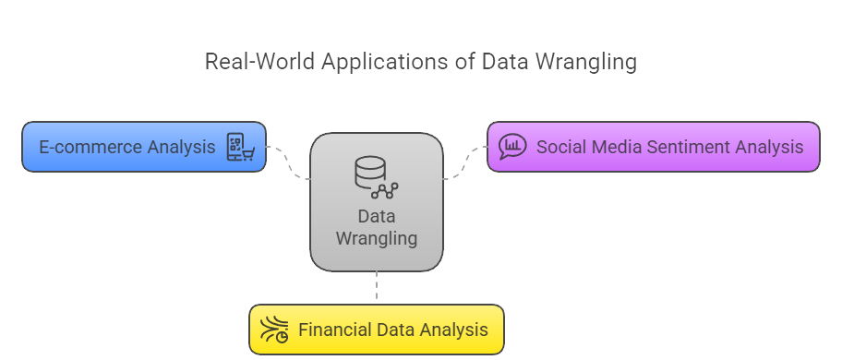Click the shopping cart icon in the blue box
point(240,147)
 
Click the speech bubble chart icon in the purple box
point(511,147)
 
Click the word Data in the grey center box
point(376,217)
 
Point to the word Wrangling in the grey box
point(376,239)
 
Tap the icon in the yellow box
point(274,330)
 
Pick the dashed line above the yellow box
point(377,287)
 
